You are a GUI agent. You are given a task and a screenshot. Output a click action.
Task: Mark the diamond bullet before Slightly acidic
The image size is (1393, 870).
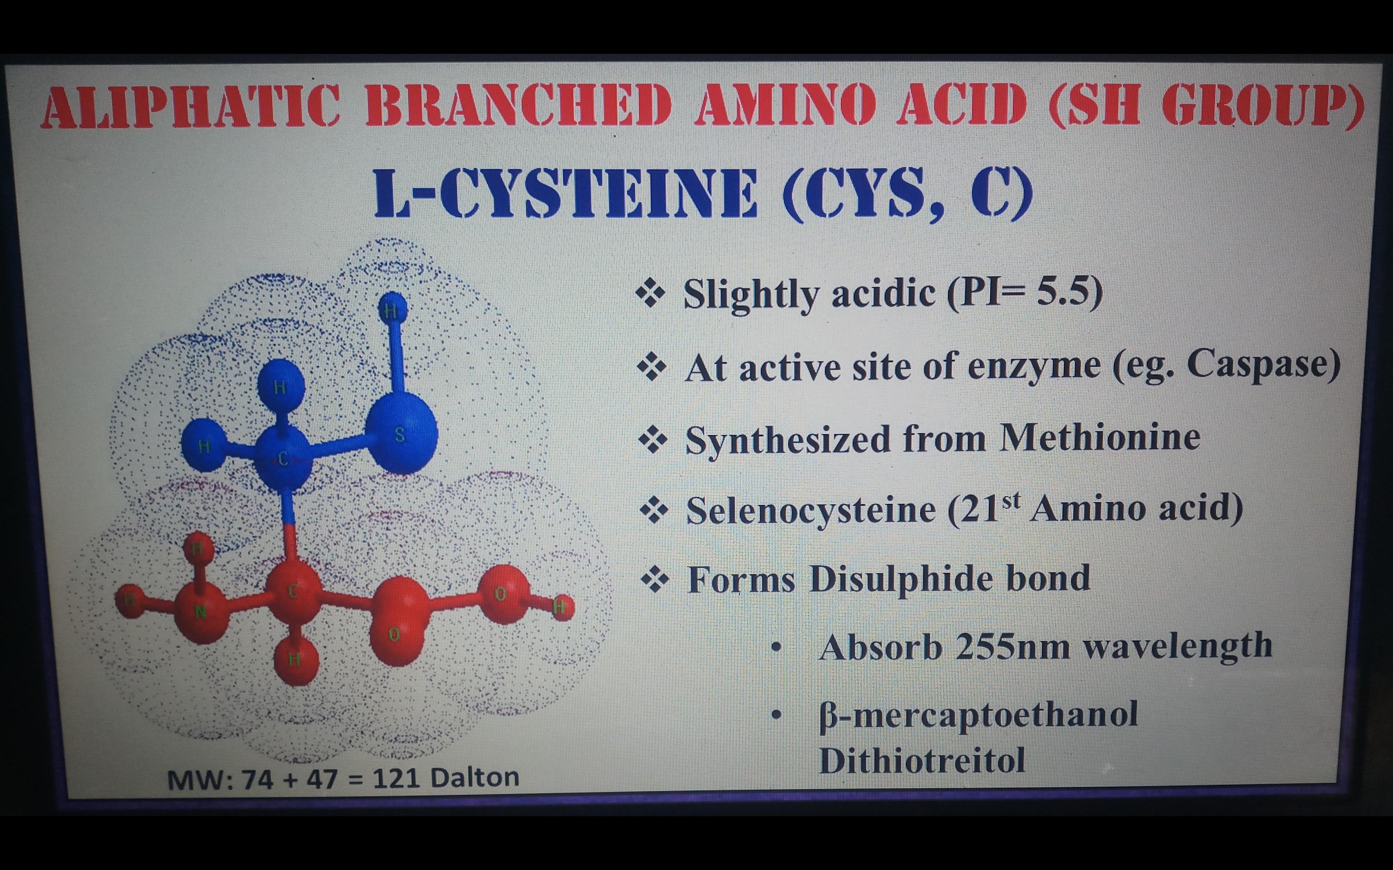click(650, 294)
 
